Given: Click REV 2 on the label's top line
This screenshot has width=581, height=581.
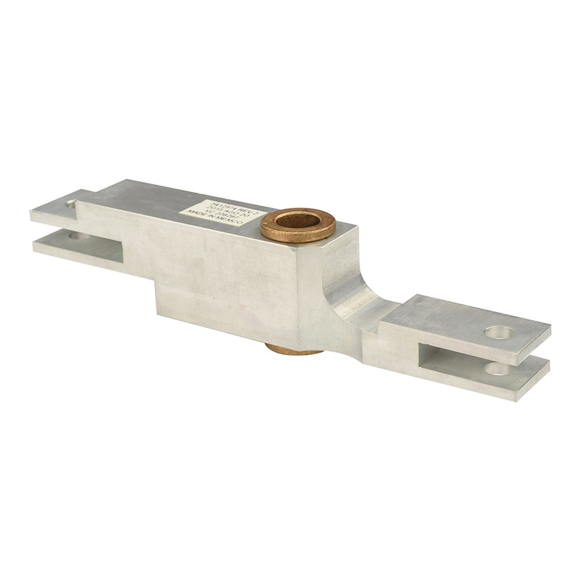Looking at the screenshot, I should click(244, 207).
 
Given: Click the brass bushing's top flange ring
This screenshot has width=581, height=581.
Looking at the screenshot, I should click(297, 232).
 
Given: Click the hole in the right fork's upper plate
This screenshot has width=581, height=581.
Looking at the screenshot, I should click(498, 333).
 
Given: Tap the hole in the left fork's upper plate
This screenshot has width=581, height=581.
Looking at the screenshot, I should click(71, 204).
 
